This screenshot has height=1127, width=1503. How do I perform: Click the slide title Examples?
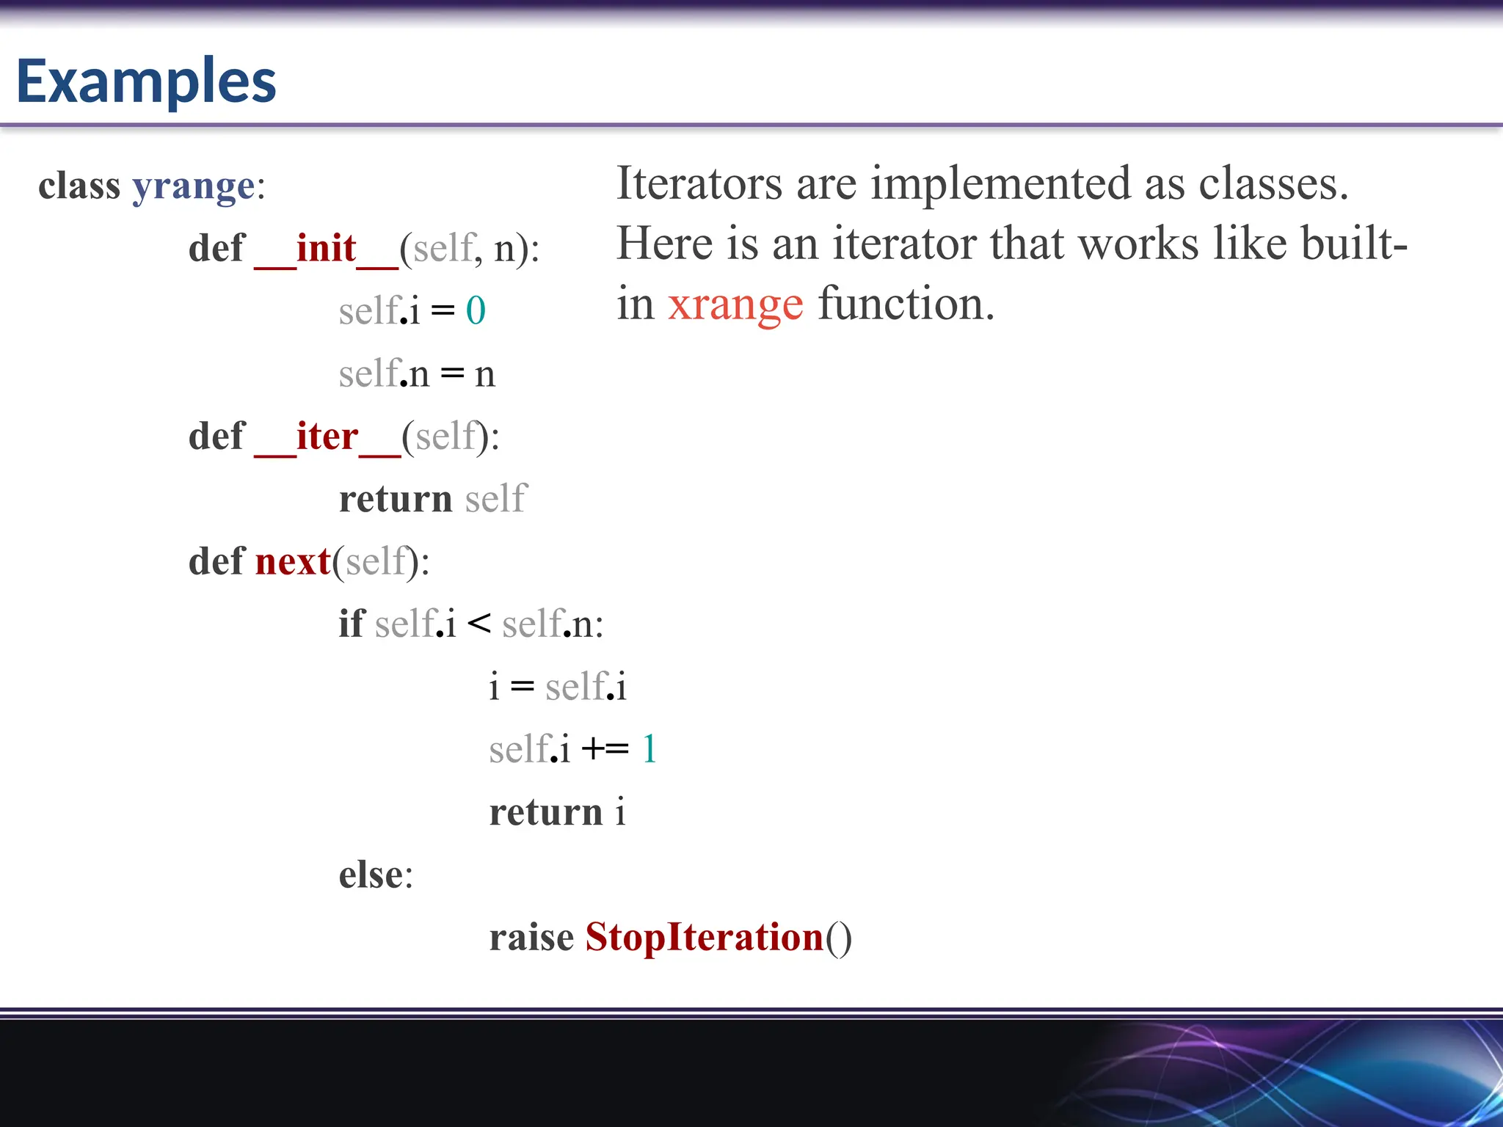pyautogui.click(x=146, y=81)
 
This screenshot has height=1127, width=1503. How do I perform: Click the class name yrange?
pyautogui.click(x=194, y=186)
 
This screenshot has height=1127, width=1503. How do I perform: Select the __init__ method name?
pyautogui.click(x=326, y=249)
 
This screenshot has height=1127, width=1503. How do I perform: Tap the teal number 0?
pyautogui.click(x=476, y=311)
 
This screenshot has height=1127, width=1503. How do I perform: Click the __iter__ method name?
pyautogui.click(x=327, y=437)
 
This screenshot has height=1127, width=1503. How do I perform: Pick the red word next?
pyautogui.click(x=293, y=562)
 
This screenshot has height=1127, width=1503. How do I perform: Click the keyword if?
pyautogui.click(x=351, y=624)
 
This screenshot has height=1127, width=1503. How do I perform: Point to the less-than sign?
pyautogui.click(x=478, y=624)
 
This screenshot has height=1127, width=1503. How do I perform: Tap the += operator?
pyautogui.click(x=605, y=750)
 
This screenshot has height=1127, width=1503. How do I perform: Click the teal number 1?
pyautogui.click(x=649, y=750)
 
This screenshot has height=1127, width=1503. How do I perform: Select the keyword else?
pyautogui.click(x=371, y=875)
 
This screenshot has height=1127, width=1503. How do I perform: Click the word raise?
pyautogui.click(x=531, y=938)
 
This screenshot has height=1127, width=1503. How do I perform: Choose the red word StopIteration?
pyautogui.click(x=705, y=938)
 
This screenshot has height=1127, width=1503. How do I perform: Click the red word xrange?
pyautogui.click(x=735, y=305)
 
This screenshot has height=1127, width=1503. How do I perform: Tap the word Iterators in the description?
pyautogui.click(x=699, y=183)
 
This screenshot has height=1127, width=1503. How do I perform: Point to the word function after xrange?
pyautogui.click(x=906, y=304)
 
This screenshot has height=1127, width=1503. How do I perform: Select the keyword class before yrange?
pyautogui.click(x=79, y=186)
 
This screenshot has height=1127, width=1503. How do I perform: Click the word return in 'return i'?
pyautogui.click(x=546, y=813)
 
